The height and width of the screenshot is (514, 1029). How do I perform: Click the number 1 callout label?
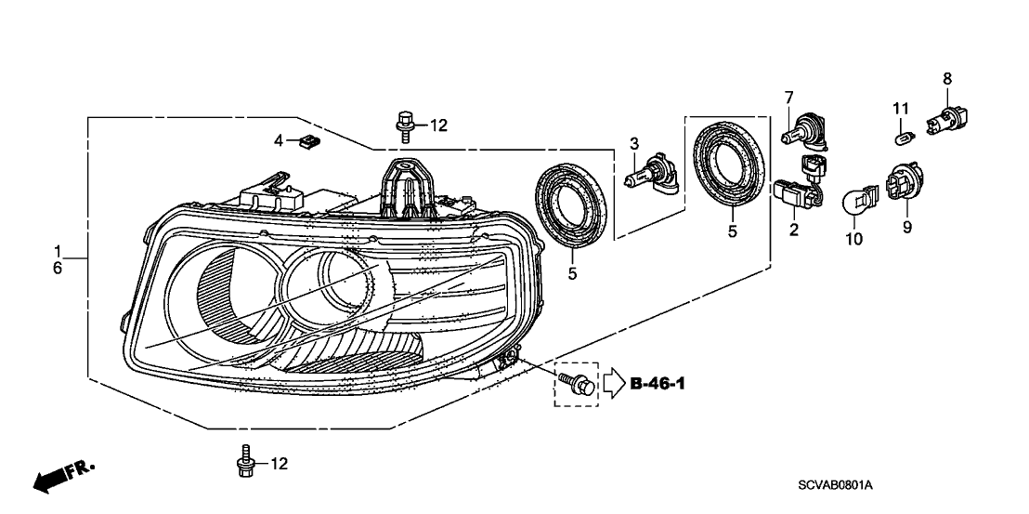pos(57,251)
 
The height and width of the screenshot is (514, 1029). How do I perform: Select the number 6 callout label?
pos(57,268)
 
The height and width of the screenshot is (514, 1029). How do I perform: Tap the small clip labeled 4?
pos(308,141)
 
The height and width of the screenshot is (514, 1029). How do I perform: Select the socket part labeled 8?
pos(946,120)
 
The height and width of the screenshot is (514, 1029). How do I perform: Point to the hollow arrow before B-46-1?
pos(614,383)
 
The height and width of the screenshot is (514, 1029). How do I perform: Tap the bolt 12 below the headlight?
pos(244,461)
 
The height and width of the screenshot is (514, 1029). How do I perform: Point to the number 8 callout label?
pos(947,78)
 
